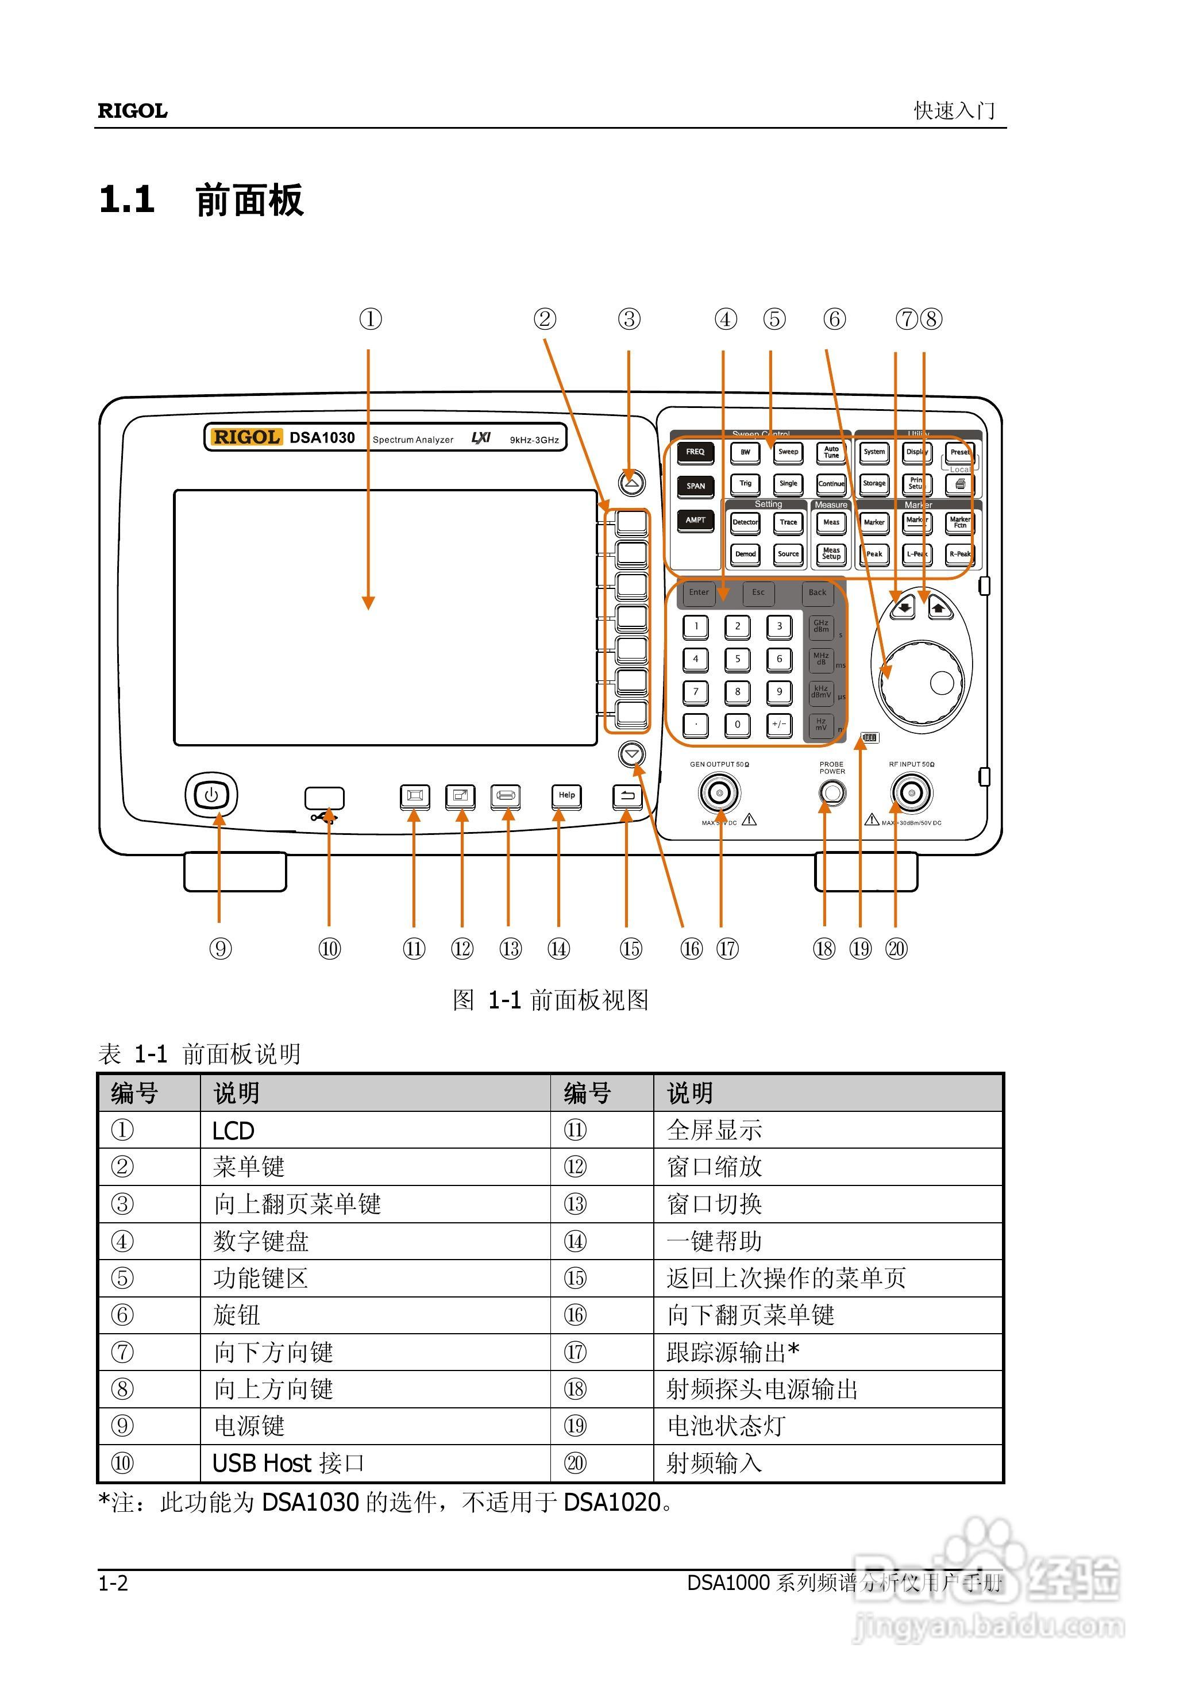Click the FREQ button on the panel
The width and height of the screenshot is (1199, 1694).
[x=695, y=452]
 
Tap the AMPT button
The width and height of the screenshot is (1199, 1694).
[x=695, y=521]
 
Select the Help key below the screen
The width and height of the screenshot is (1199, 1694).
[x=566, y=796]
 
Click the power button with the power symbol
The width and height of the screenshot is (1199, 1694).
[x=211, y=795]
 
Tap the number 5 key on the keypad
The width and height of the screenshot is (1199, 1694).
[x=737, y=659]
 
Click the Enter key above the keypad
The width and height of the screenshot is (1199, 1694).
[x=699, y=592]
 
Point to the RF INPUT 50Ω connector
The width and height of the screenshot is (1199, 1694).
[x=911, y=793]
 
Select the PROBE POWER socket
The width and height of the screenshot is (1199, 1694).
[x=832, y=792]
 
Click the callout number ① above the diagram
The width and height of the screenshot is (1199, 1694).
[x=371, y=319]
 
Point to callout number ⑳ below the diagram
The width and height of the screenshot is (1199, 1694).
[x=896, y=949]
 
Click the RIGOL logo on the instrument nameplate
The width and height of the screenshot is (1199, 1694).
[x=246, y=437]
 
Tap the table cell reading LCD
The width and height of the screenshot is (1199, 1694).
[x=233, y=1130]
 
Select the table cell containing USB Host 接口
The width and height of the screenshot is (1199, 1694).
[x=288, y=1463]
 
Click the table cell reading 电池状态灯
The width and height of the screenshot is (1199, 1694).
[x=726, y=1426]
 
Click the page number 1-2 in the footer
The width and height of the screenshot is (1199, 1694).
[x=113, y=1583]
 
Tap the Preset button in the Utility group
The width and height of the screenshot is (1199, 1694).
[x=959, y=452]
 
